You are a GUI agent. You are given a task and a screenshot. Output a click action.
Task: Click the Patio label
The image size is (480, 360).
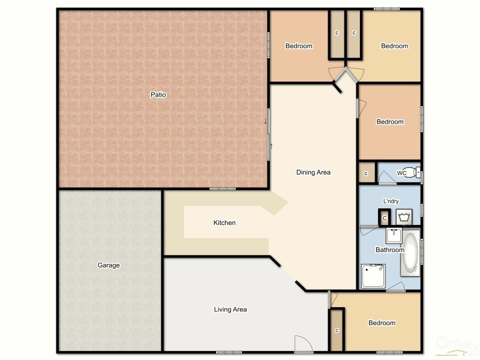[158, 94]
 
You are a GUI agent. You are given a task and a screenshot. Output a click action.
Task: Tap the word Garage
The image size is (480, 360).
[109, 265]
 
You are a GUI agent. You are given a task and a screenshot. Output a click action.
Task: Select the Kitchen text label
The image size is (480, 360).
[224, 223]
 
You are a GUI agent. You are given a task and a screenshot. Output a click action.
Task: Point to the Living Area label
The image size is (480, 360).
[230, 310]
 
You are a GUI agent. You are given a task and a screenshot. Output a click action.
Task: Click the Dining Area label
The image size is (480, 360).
[313, 172]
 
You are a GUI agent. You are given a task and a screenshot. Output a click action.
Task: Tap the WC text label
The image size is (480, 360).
[401, 173]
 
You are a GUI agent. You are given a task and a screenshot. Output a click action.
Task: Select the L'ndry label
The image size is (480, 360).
[391, 201]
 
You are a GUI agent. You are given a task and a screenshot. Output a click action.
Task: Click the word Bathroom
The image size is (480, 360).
[390, 250]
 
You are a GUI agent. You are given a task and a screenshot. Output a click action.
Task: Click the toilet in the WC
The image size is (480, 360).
[413, 172]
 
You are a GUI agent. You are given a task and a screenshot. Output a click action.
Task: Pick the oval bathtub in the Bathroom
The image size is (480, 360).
[412, 251]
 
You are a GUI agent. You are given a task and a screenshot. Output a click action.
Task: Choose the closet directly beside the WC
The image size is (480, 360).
[366, 173]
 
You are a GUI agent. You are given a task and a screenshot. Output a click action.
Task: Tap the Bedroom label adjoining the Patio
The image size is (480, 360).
[298, 46]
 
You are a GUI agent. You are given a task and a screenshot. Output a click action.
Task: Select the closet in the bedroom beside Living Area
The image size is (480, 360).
[337, 330]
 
